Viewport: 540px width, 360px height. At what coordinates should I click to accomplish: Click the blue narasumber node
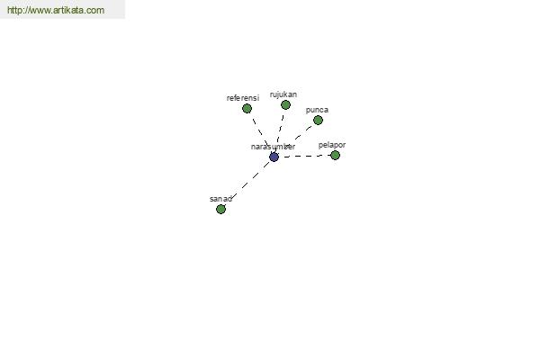274,157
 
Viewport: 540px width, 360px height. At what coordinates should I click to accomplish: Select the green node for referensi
247,109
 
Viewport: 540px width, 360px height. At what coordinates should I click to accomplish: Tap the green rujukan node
285,104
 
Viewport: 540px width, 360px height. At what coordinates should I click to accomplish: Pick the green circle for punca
318,121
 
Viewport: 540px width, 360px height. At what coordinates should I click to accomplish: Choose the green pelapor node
335,156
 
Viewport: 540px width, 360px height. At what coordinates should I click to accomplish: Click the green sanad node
220,209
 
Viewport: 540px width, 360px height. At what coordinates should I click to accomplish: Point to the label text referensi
243,98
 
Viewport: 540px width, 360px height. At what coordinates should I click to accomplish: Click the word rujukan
283,94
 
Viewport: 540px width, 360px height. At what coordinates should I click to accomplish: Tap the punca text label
317,110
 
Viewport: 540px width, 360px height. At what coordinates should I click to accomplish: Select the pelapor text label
332,145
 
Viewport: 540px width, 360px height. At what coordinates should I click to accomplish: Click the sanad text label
220,199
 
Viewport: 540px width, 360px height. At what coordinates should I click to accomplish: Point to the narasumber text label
273,147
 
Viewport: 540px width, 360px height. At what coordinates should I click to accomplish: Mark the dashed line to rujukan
280,130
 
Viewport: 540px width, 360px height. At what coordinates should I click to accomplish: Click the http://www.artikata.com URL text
56,10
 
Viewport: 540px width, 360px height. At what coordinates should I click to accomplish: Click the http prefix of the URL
13,10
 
